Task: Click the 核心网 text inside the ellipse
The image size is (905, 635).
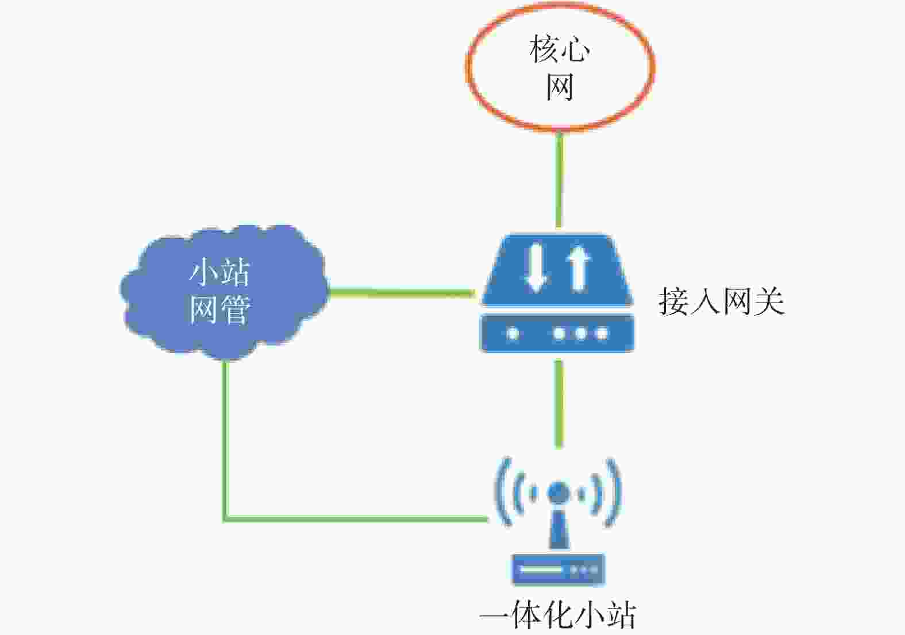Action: click(x=560, y=68)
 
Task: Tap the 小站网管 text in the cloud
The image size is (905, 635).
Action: click(x=219, y=291)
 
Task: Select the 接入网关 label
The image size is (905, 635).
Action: click(x=722, y=301)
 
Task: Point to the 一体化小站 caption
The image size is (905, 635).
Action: click(x=558, y=615)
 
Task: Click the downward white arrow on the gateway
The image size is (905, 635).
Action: click(x=536, y=268)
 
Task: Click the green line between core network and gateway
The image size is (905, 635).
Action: click(x=559, y=180)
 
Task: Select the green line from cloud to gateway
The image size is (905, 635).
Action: click(x=402, y=293)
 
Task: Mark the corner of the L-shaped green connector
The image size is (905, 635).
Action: click(x=225, y=519)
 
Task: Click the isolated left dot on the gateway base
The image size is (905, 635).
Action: click(x=513, y=334)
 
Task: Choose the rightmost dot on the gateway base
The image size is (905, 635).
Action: click(x=602, y=334)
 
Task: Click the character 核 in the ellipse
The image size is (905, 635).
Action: click(x=544, y=49)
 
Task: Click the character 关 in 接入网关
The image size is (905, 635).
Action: click(x=769, y=301)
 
